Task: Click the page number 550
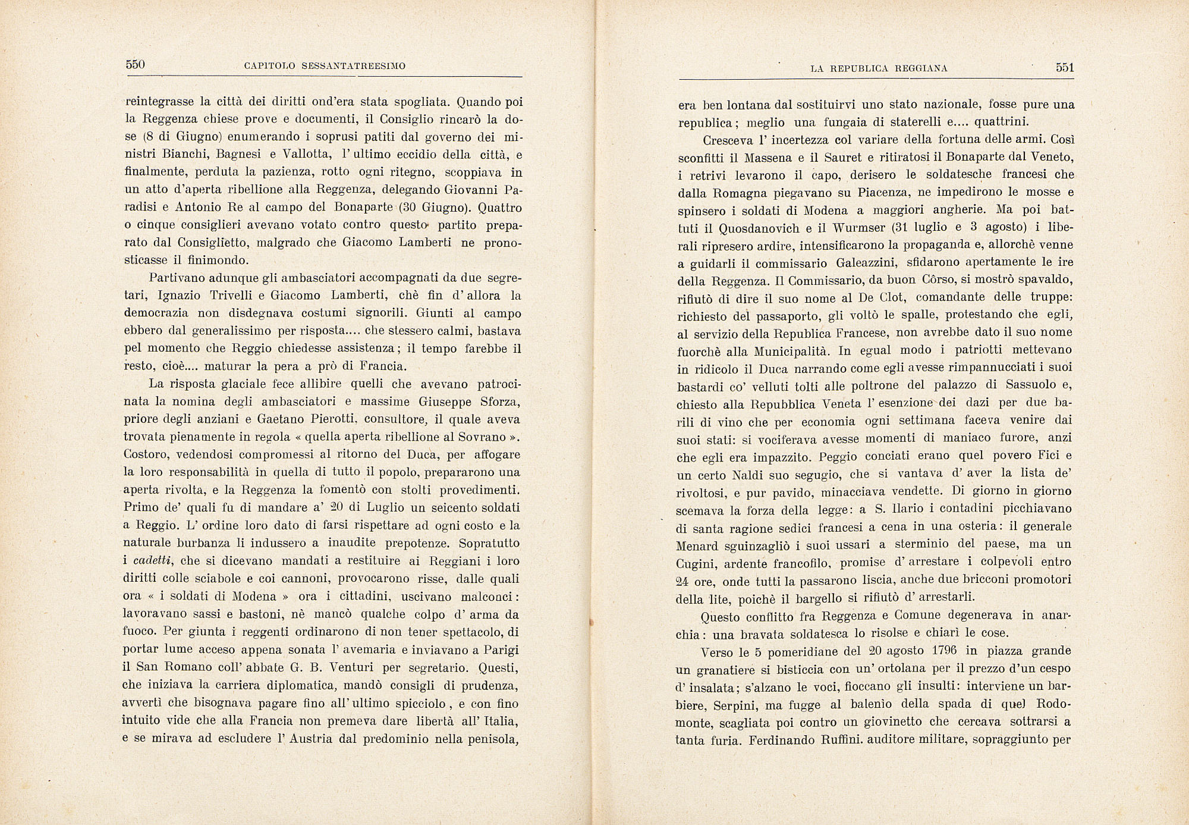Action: (x=136, y=64)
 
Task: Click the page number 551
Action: (x=1065, y=67)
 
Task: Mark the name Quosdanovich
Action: (x=763, y=228)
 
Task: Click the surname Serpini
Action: (x=731, y=705)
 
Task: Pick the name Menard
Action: (x=699, y=545)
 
